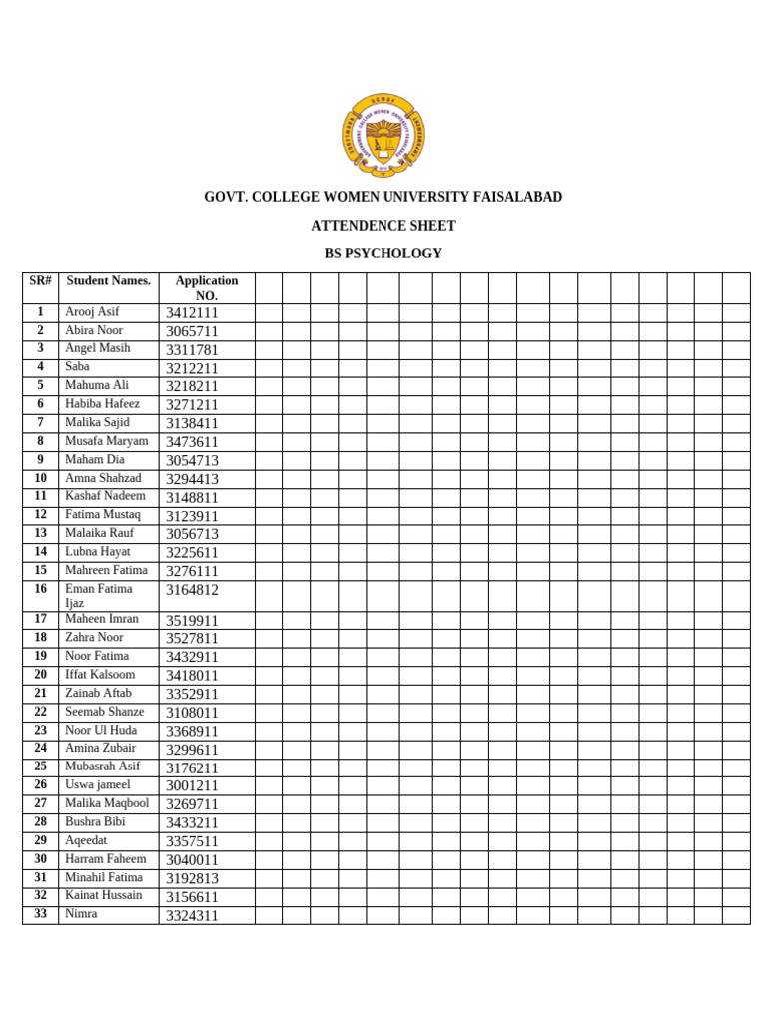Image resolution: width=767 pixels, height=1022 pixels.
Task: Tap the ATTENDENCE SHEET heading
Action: [x=383, y=226]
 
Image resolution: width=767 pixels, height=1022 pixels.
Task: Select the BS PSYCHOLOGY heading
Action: [x=383, y=254]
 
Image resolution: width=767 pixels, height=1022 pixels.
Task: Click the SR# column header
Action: [x=41, y=281]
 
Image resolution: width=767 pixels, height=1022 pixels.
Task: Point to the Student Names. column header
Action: [x=108, y=281]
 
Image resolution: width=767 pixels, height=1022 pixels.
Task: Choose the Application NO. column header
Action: [x=207, y=288]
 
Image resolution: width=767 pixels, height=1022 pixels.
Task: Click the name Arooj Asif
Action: [x=92, y=312]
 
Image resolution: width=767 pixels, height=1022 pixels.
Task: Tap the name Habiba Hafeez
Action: [x=102, y=404]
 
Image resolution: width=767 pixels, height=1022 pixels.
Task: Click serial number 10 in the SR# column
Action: [x=41, y=478]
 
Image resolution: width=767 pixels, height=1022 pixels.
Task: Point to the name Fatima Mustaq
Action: [x=103, y=515]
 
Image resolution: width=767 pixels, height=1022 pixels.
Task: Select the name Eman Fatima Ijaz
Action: [x=98, y=596]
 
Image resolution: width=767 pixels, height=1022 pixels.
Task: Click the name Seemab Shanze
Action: [x=104, y=712]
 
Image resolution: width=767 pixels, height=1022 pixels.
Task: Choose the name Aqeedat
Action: [x=87, y=840]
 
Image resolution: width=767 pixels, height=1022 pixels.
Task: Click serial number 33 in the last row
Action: [x=41, y=914]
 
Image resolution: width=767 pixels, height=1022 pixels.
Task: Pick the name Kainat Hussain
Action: [x=103, y=895]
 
